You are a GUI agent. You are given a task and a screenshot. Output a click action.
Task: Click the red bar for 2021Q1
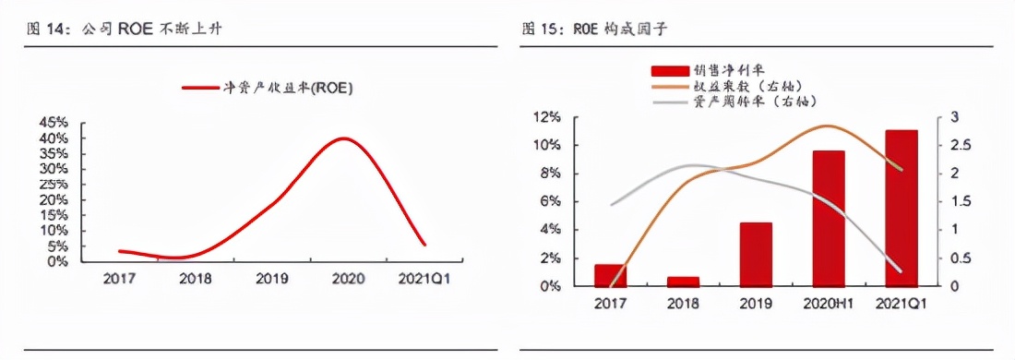pos(902,208)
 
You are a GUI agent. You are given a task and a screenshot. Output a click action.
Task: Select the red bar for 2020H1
pos(828,218)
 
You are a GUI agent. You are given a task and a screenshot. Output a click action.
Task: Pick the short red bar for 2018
pos(683,281)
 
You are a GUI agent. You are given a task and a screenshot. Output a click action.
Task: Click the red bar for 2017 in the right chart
pos(610,274)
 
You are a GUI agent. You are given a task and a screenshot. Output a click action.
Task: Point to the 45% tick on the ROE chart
pos(54,122)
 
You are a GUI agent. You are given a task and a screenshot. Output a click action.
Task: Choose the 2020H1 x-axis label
pos(828,302)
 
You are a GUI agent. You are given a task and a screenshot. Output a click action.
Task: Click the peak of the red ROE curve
pos(344,138)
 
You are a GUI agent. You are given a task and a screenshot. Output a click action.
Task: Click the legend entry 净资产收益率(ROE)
pos(268,88)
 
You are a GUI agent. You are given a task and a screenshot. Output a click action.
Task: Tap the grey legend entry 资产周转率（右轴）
pos(729,101)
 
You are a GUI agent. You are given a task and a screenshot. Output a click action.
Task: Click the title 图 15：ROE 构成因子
pos(595,30)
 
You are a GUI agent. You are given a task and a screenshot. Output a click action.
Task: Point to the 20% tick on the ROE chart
pos(54,199)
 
